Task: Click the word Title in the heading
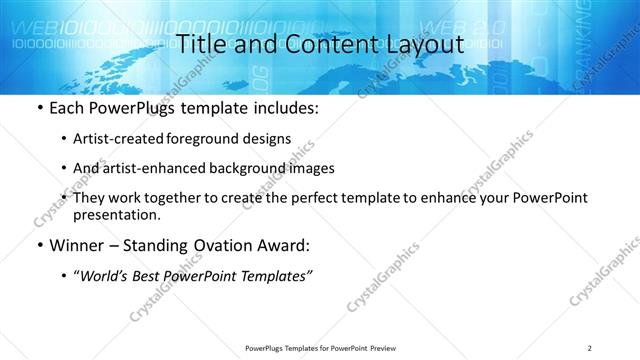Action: coord(200,44)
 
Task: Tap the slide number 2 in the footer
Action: coord(590,348)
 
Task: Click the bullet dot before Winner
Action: coord(38,245)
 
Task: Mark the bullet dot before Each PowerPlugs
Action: coord(38,106)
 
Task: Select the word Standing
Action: coord(153,245)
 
